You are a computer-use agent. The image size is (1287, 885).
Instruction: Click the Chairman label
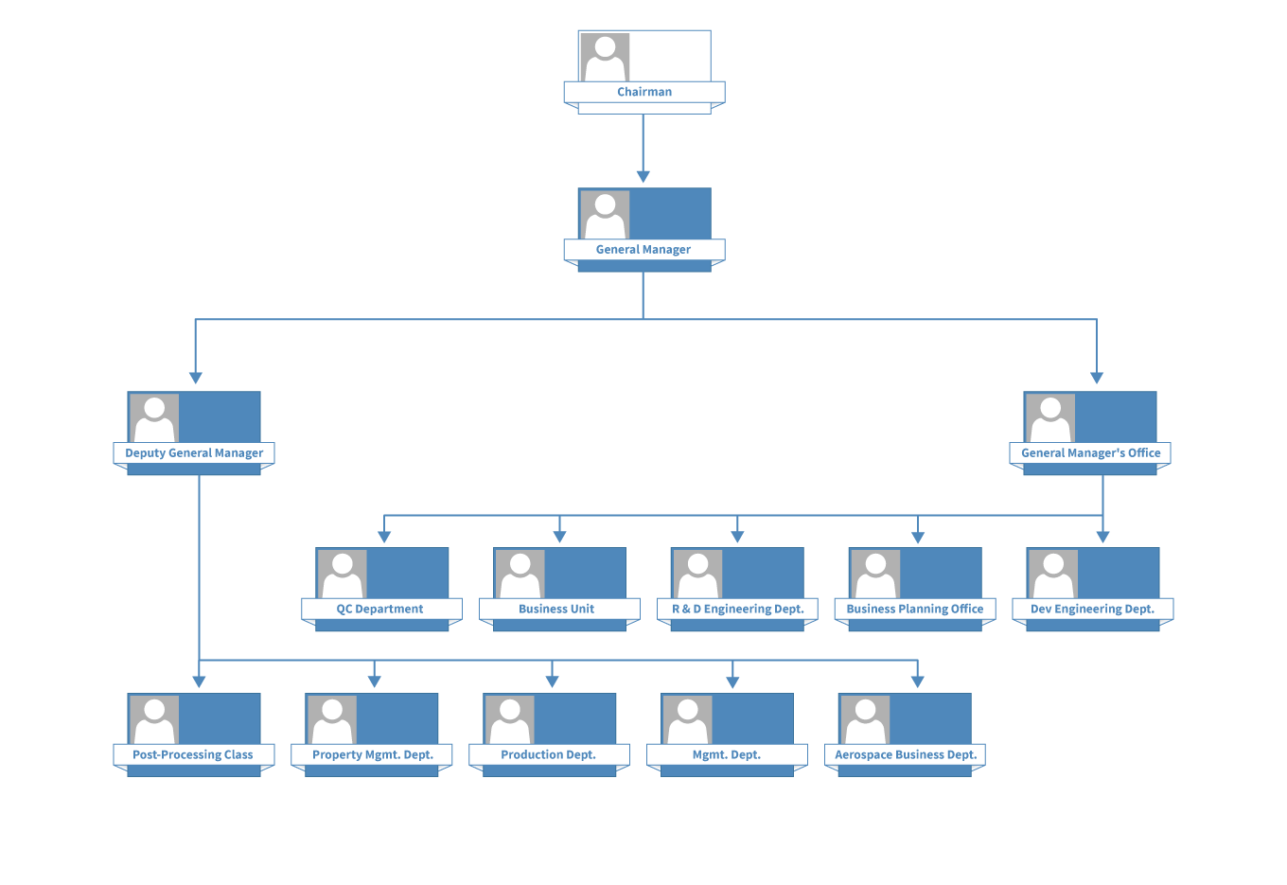tap(644, 92)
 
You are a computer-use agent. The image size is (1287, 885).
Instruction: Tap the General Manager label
tap(643, 250)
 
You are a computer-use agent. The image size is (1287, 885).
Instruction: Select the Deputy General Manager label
tap(194, 453)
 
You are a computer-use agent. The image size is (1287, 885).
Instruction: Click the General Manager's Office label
tap(1090, 453)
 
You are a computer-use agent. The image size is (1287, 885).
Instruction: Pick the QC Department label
tap(380, 610)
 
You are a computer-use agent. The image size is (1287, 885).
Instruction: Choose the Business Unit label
tap(556, 610)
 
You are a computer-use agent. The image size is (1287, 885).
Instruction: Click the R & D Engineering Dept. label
tap(737, 610)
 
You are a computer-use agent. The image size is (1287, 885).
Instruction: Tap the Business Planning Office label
tap(915, 610)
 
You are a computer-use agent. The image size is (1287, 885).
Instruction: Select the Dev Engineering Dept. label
tap(1092, 610)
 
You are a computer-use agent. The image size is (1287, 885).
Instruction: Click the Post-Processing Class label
tap(193, 755)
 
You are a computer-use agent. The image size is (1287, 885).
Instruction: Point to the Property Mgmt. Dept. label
tap(372, 755)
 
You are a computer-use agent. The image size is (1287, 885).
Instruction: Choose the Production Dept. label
tap(548, 755)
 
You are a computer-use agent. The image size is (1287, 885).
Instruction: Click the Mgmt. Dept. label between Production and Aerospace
tap(727, 755)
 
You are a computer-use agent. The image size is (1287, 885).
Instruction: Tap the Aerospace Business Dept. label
tap(906, 755)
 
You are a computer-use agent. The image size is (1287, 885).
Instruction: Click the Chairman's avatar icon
tap(605, 58)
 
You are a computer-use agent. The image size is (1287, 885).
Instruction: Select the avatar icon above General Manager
tap(605, 215)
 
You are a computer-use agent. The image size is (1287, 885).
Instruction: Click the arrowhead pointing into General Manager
tap(643, 176)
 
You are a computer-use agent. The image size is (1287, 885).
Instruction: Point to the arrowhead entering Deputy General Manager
tap(195, 378)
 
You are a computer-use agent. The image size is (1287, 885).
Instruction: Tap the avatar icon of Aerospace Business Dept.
tap(865, 720)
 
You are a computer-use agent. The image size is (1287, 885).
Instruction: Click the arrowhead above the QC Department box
tap(384, 537)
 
